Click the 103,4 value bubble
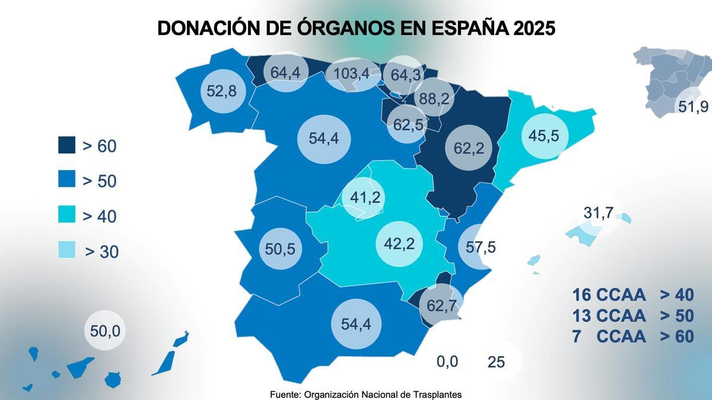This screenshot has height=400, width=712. tap(352, 74)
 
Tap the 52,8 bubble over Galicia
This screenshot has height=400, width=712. tap(222, 91)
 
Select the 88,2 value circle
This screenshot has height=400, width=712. tap(434, 99)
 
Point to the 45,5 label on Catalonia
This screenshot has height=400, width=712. tap(543, 136)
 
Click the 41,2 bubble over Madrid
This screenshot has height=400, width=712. tap(365, 197)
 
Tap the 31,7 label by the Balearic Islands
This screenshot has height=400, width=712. tap(597, 213)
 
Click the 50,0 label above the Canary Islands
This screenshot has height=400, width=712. tap(105, 331)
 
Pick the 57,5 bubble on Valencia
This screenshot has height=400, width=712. tap(480, 247)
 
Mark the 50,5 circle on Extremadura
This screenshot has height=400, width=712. tap(280, 249)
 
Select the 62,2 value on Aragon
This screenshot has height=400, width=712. tap(469, 148)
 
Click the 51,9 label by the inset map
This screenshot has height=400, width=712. tap(692, 107)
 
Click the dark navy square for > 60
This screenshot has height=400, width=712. tap(66, 145)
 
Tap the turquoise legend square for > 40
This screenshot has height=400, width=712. tap(66, 215)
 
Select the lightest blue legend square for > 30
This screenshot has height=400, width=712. tap(66, 250)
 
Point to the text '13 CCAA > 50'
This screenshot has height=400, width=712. tap(632, 315)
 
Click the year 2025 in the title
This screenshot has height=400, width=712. tap(527, 28)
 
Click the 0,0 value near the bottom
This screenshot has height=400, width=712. tap(447, 361)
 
